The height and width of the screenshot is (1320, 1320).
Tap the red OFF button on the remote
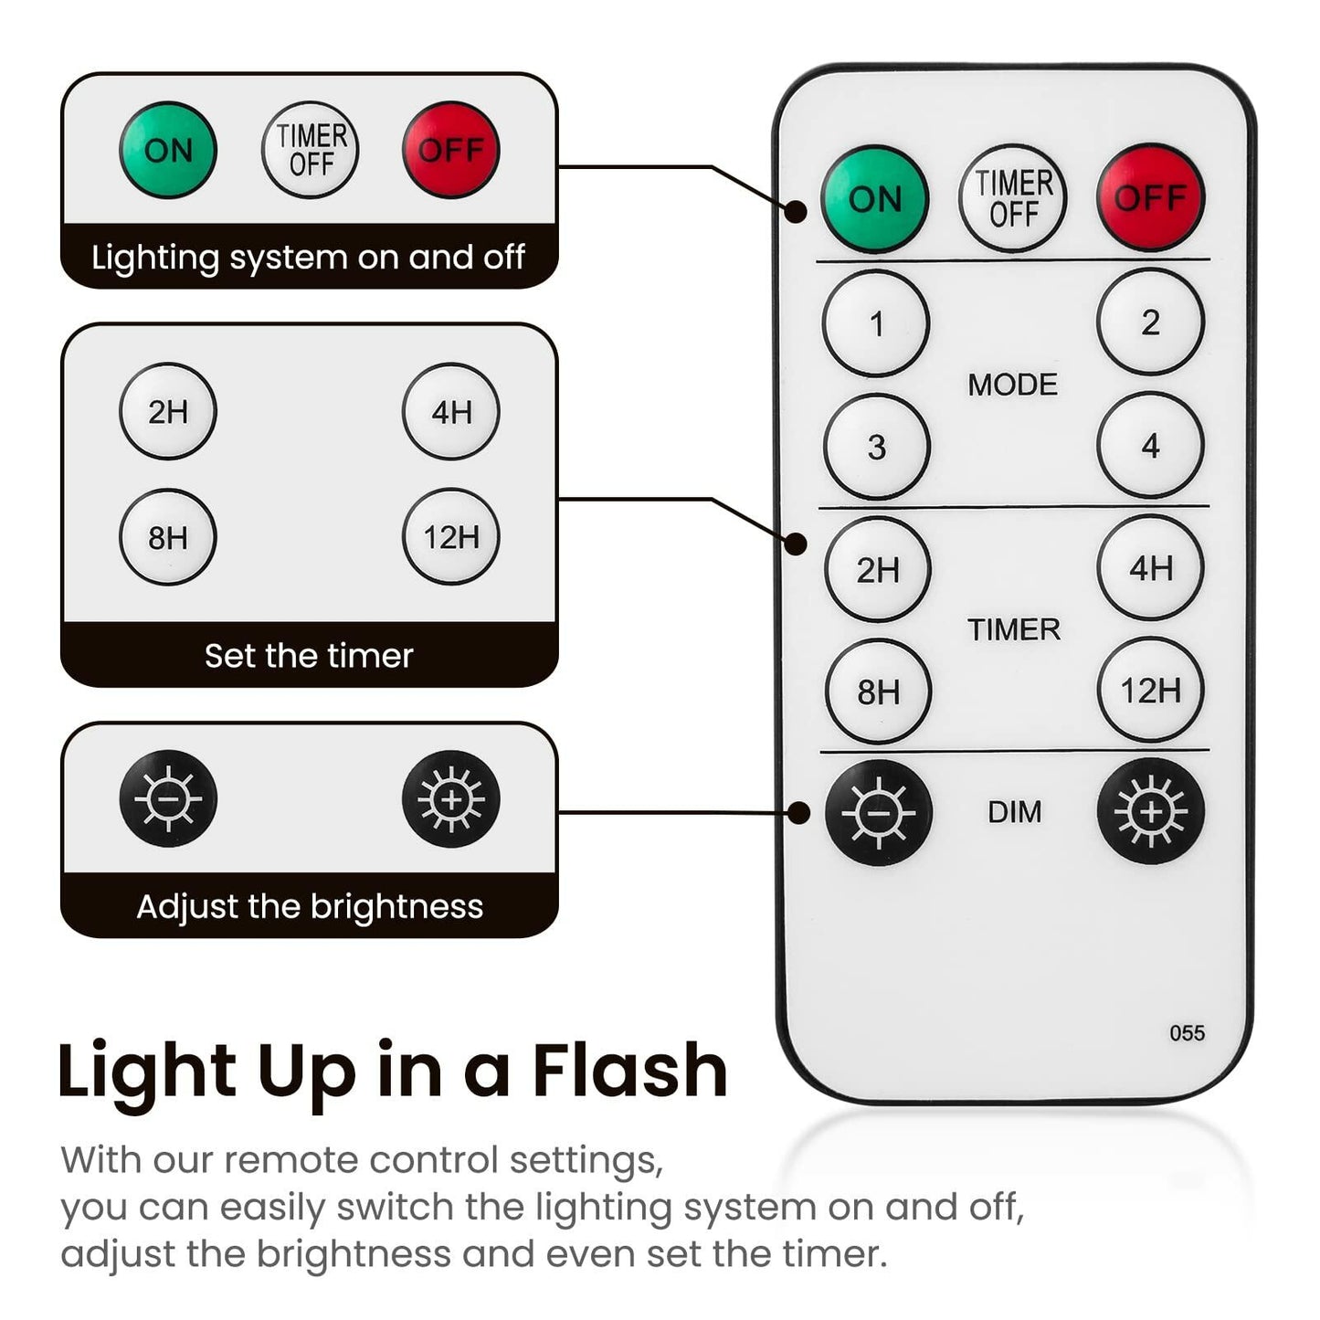[x=1150, y=197]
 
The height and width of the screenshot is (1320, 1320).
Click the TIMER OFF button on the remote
[x=1013, y=198]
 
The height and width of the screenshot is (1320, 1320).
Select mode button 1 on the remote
[x=876, y=323]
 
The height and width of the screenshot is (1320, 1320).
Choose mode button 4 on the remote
[x=1150, y=446]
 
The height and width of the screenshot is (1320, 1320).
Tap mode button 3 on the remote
[x=876, y=447]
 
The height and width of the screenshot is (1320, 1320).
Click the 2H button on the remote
[x=877, y=570]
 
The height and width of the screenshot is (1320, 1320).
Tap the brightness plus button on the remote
[x=1151, y=811]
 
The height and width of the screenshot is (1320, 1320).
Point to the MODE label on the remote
[x=1012, y=385]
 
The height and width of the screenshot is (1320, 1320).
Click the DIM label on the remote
[x=1014, y=812]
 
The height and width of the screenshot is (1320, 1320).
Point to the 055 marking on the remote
[x=1187, y=1033]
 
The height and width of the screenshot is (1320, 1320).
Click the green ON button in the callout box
[x=168, y=150]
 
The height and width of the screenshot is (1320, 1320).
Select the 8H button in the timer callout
[x=168, y=537]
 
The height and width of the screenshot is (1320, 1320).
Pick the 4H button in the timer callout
[x=451, y=412]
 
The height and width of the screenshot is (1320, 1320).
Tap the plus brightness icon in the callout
[x=451, y=799]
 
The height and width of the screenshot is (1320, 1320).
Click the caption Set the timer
[x=309, y=656]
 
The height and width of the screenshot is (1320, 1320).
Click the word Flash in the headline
[x=629, y=1070]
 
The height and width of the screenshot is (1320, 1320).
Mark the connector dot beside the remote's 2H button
[x=797, y=544]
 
